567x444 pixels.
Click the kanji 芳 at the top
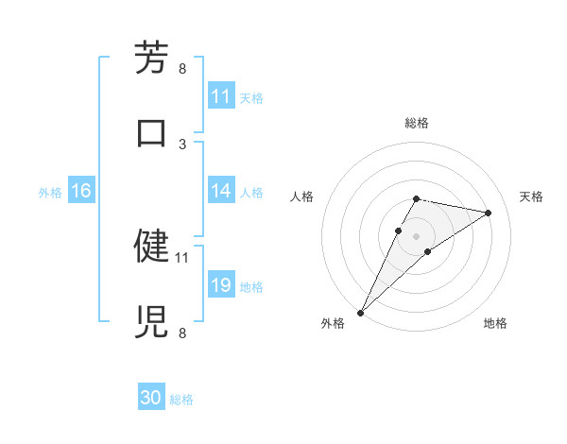[x=151, y=58]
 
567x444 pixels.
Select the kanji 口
[x=151, y=132]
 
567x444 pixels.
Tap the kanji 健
[x=151, y=246]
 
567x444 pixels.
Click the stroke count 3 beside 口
[x=182, y=144]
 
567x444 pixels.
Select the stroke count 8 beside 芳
[x=182, y=68]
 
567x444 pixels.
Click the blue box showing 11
[x=221, y=96]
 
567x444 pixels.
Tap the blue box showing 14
[x=221, y=191]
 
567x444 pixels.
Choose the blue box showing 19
[x=221, y=285]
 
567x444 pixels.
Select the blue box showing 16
[x=81, y=191]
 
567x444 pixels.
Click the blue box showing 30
[x=151, y=399]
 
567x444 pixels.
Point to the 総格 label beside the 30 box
[x=181, y=400]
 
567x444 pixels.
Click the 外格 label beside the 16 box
[x=50, y=192]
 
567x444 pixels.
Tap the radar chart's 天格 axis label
[x=532, y=196]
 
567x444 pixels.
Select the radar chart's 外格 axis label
[x=333, y=323]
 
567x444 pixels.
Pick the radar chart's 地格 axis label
[x=495, y=323]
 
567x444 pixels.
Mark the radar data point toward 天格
[x=489, y=213]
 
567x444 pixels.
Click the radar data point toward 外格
[x=360, y=312]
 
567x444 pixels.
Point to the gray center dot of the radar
[x=416, y=236]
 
